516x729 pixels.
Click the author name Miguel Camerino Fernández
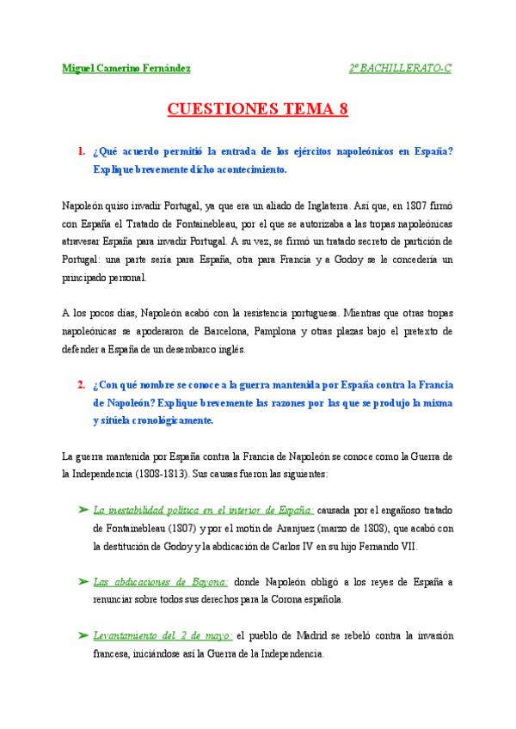click(126, 68)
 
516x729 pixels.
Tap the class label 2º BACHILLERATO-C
click(399, 68)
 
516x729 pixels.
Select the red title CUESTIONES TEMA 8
click(257, 109)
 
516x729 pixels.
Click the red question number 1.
click(81, 151)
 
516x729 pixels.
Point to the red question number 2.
click(81, 383)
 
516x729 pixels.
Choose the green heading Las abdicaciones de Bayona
click(160, 582)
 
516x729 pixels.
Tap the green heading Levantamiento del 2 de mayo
click(163, 635)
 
